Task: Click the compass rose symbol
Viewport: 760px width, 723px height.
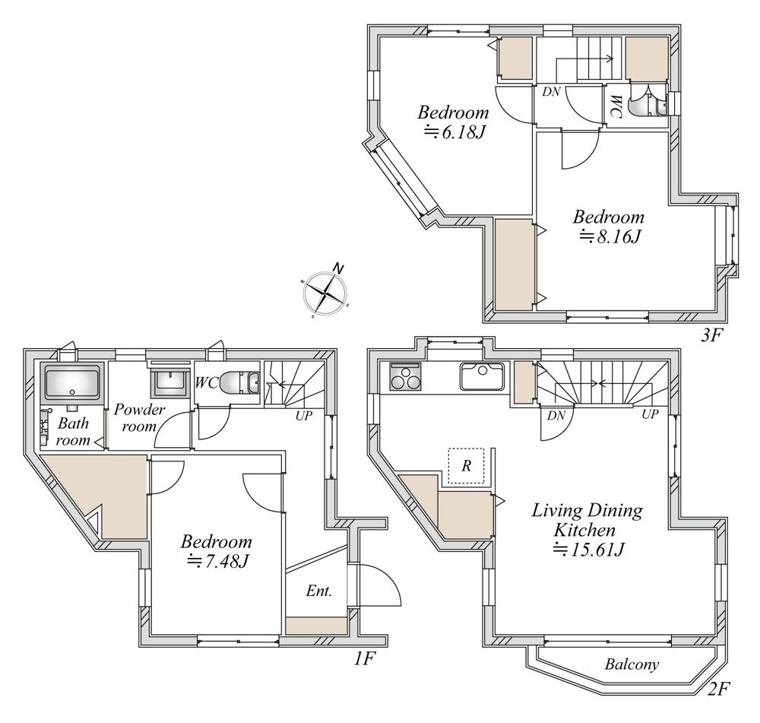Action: (325, 293)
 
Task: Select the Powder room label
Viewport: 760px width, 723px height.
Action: (140, 418)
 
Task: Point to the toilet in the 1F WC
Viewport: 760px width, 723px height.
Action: (240, 383)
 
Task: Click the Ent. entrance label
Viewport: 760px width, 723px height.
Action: (319, 591)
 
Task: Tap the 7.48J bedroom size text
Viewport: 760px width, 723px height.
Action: (218, 562)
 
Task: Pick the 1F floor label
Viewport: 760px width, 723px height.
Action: (363, 658)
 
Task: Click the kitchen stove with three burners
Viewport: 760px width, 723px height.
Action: (406, 377)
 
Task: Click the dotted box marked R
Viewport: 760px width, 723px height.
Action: (467, 465)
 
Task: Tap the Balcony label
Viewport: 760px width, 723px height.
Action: (632, 664)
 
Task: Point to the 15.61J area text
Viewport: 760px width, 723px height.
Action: (588, 550)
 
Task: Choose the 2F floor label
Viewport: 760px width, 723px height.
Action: (718, 689)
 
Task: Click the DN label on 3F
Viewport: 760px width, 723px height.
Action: (551, 92)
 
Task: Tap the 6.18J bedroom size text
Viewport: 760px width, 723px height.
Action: (454, 132)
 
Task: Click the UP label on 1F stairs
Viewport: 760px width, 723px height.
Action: (304, 416)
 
